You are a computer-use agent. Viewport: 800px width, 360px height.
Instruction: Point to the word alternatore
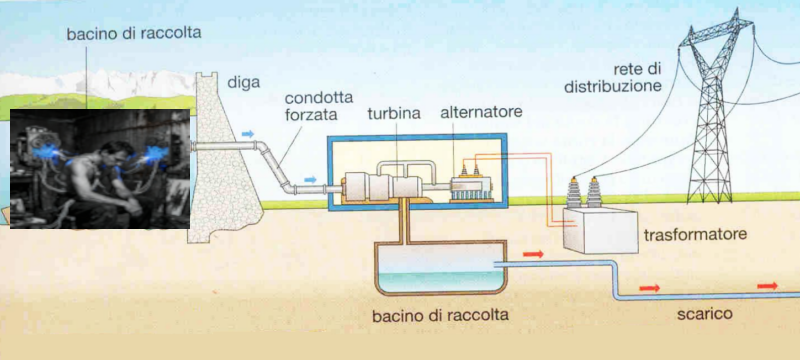coord(482,112)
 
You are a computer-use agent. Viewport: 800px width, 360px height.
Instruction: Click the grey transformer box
coord(597,230)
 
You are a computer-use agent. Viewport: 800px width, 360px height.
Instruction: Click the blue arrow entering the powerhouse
coord(313,180)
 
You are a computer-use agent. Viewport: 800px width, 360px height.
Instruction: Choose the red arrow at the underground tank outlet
coord(533,255)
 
